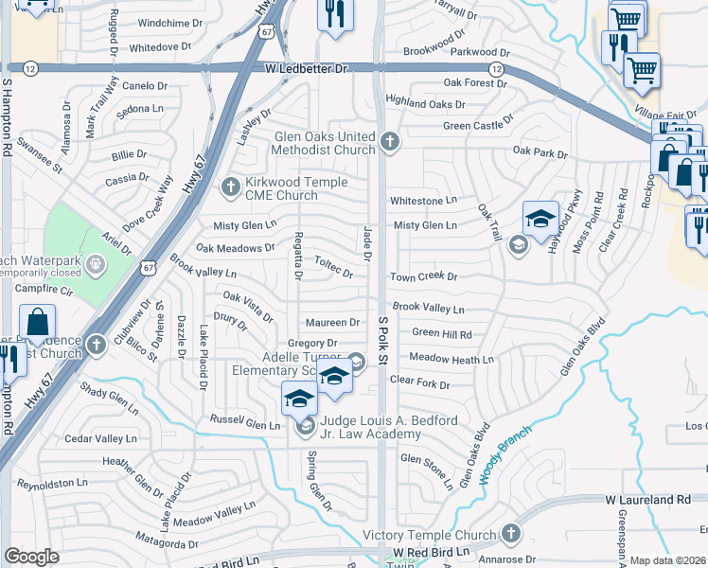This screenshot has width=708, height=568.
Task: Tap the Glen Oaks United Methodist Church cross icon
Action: tap(389, 142)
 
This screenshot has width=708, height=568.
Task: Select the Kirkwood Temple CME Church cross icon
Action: tap(230, 186)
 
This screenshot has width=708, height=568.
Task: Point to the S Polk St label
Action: tap(383, 341)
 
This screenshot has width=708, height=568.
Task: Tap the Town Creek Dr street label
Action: tap(423, 277)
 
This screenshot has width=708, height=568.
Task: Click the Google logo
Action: tap(31, 557)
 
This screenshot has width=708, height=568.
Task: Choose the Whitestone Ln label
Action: tap(424, 201)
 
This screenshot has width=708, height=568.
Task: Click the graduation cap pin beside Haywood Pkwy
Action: tap(540, 220)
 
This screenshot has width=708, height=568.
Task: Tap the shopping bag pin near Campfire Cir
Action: tap(37, 324)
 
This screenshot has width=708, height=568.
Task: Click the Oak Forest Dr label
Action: tap(475, 83)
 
